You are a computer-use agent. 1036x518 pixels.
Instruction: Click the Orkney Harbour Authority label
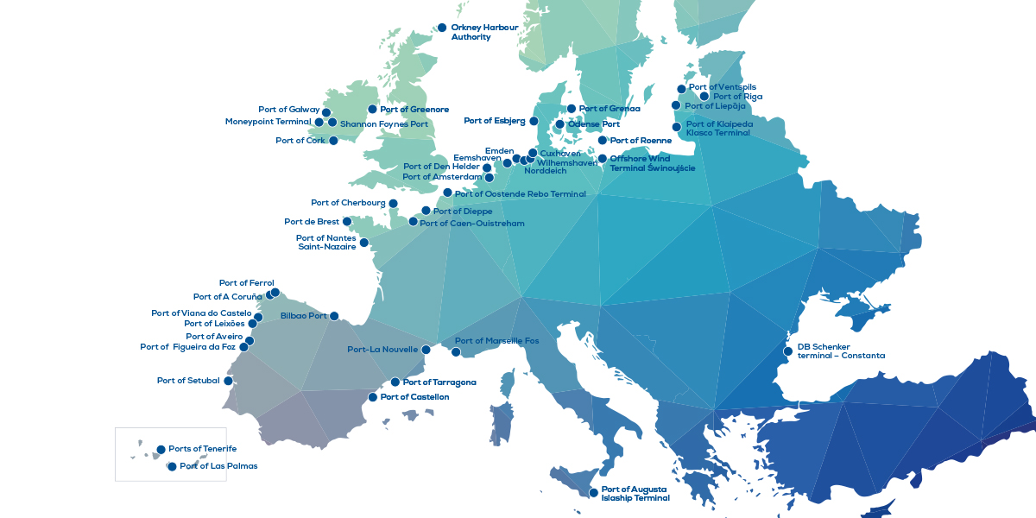coord(484,32)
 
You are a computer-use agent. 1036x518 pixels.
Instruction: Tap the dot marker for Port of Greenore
coord(372,110)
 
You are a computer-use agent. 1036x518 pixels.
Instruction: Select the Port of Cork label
coord(300,141)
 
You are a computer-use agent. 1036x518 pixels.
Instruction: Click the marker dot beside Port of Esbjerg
coord(534,121)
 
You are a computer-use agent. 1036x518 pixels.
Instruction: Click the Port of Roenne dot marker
coord(602,140)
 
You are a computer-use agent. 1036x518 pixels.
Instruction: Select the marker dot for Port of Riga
coord(704,97)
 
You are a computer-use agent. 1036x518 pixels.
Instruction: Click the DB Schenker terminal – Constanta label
coord(840,351)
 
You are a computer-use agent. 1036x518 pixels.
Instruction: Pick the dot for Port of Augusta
coord(593,493)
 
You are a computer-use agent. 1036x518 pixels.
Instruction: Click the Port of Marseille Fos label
coord(496,341)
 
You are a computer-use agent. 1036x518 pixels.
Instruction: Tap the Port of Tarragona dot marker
coord(395,382)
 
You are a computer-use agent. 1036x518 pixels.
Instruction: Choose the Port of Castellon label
coord(414,397)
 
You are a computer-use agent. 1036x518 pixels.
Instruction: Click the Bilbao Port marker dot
coord(334,316)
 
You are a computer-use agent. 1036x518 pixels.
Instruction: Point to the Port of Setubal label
coord(188,381)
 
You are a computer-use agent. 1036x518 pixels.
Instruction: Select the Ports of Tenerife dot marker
coord(161,449)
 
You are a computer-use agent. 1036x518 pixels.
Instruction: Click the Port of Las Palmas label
coord(218,466)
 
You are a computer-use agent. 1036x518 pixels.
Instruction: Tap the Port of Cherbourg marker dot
coord(393,204)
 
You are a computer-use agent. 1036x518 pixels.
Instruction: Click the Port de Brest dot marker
coord(347,222)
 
